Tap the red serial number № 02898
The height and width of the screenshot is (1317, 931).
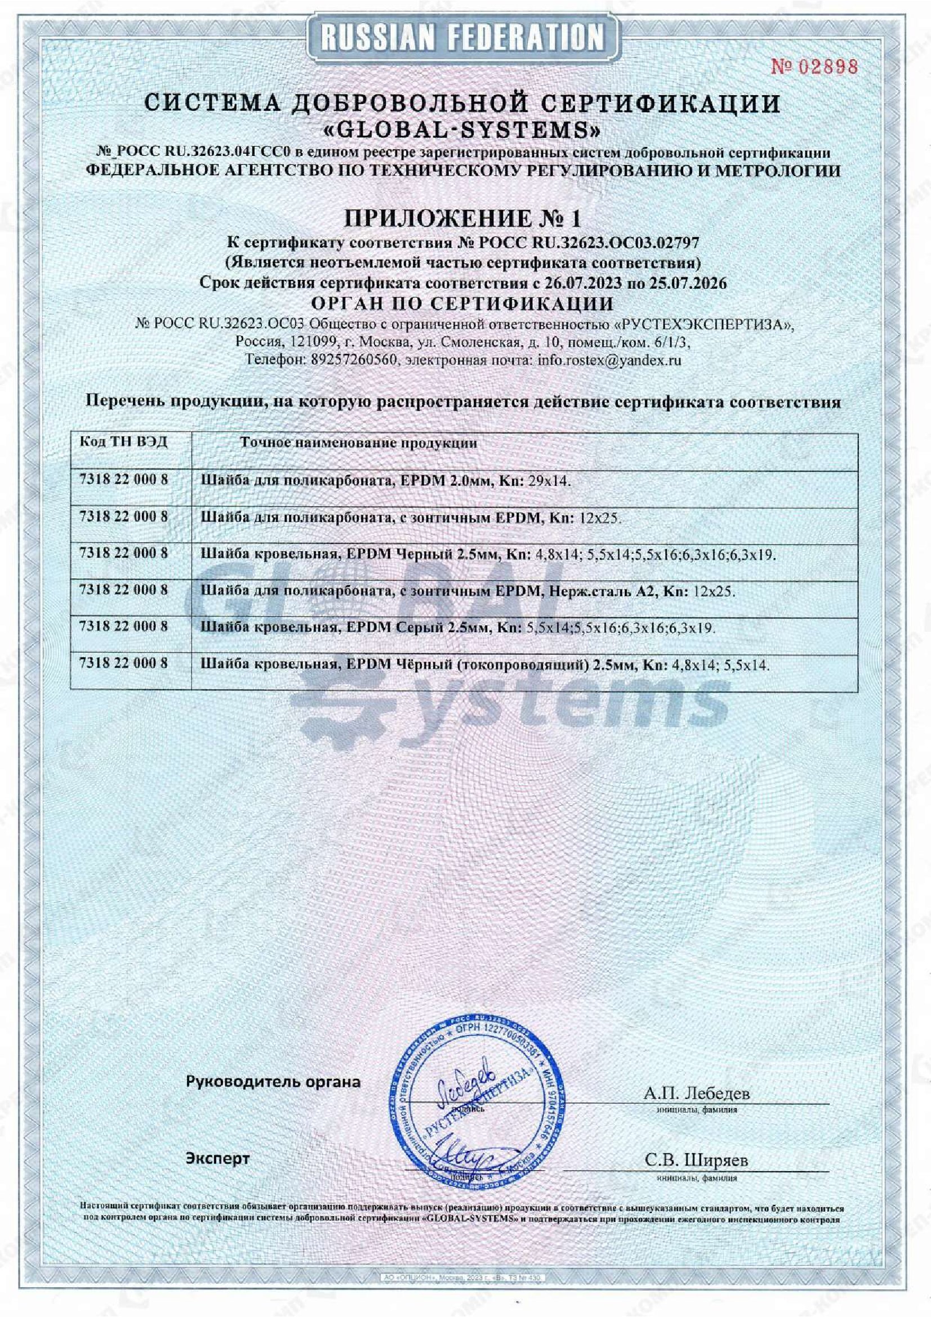[814, 67]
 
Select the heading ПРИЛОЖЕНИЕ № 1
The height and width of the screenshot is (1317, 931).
[462, 218]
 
